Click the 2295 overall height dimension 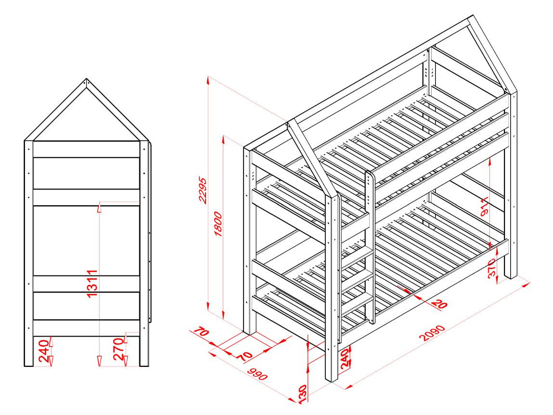[203, 190]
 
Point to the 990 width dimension [257, 374]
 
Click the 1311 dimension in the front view [92, 283]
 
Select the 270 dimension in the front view [118, 349]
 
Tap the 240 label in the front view [43, 351]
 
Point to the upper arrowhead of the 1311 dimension [100, 208]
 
